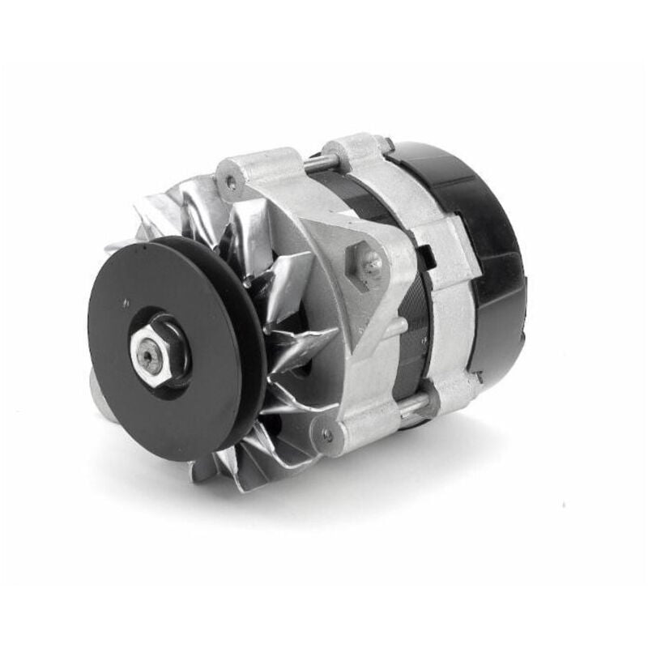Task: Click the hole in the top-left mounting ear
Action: [x=230, y=184]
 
